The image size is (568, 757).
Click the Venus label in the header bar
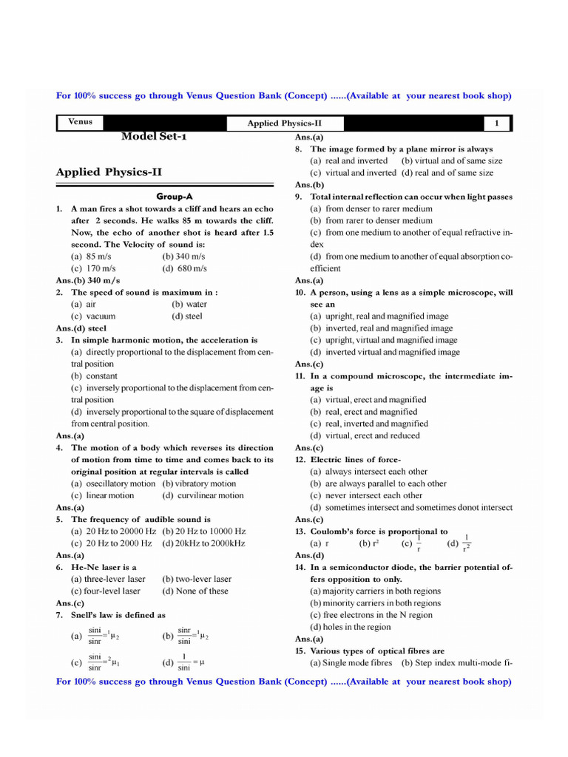pyautogui.click(x=81, y=122)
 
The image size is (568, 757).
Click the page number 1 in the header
pyautogui.click(x=497, y=123)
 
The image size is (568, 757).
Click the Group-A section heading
pyautogui.click(x=175, y=197)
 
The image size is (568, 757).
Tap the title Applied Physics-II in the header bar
pyautogui.click(x=285, y=123)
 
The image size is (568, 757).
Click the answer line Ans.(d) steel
pyautogui.click(x=81, y=328)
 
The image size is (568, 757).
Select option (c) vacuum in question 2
pyautogui.click(x=93, y=316)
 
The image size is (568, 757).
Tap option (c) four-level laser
pyautogui.click(x=106, y=591)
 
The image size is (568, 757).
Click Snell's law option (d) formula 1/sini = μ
pyautogui.click(x=183, y=662)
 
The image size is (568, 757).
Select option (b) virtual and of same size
pyautogui.click(x=451, y=160)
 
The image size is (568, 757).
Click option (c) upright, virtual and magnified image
pyautogui.click(x=383, y=340)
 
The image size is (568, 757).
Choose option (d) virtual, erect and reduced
pyautogui.click(x=365, y=435)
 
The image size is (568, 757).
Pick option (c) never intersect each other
pyautogui.click(x=366, y=495)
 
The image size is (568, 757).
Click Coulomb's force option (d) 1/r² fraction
pyautogui.click(x=459, y=543)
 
